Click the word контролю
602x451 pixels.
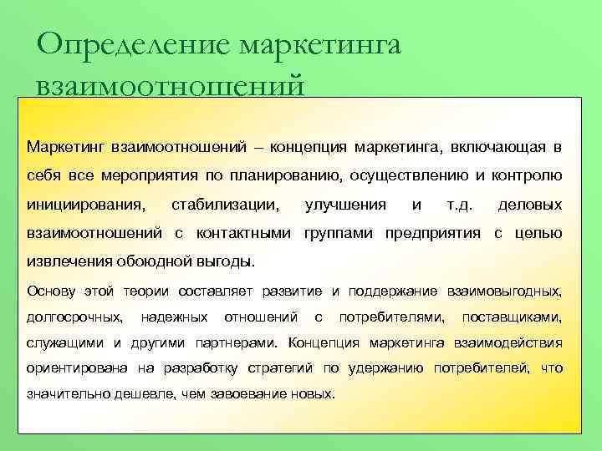[526, 176]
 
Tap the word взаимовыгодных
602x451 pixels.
[504, 291]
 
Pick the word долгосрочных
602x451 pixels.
[75, 317]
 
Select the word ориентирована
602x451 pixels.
[76, 368]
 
